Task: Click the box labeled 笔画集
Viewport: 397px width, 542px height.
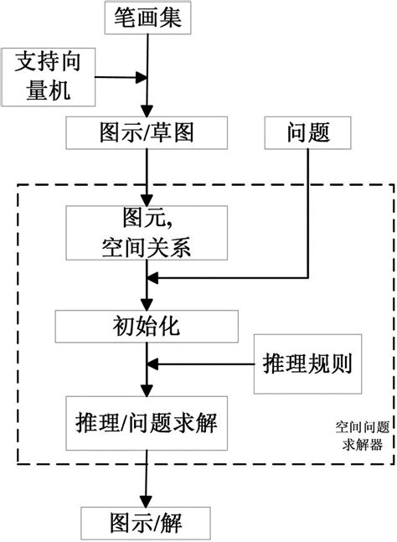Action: pyautogui.click(x=147, y=17)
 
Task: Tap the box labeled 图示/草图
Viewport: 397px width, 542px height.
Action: pyautogui.click(x=147, y=132)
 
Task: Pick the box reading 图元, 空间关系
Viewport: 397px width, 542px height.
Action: pyautogui.click(x=147, y=235)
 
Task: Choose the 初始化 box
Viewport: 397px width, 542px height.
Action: pyautogui.click(x=147, y=325)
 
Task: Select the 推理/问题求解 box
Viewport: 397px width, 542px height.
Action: pyautogui.click(x=147, y=420)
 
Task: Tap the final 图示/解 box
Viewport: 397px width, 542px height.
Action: pyautogui.click(x=147, y=524)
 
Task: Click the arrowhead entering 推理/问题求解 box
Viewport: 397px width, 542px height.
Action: pyautogui.click(x=148, y=392)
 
